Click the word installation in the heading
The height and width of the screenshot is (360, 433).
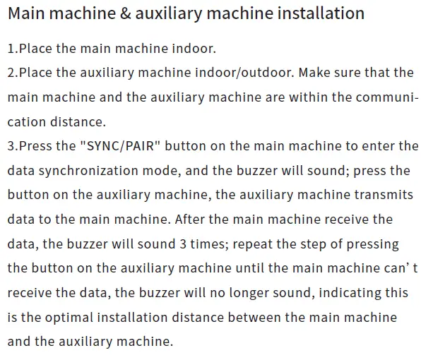pyautogui.click(x=319, y=13)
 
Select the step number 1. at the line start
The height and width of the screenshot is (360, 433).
pyautogui.click(x=13, y=48)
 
